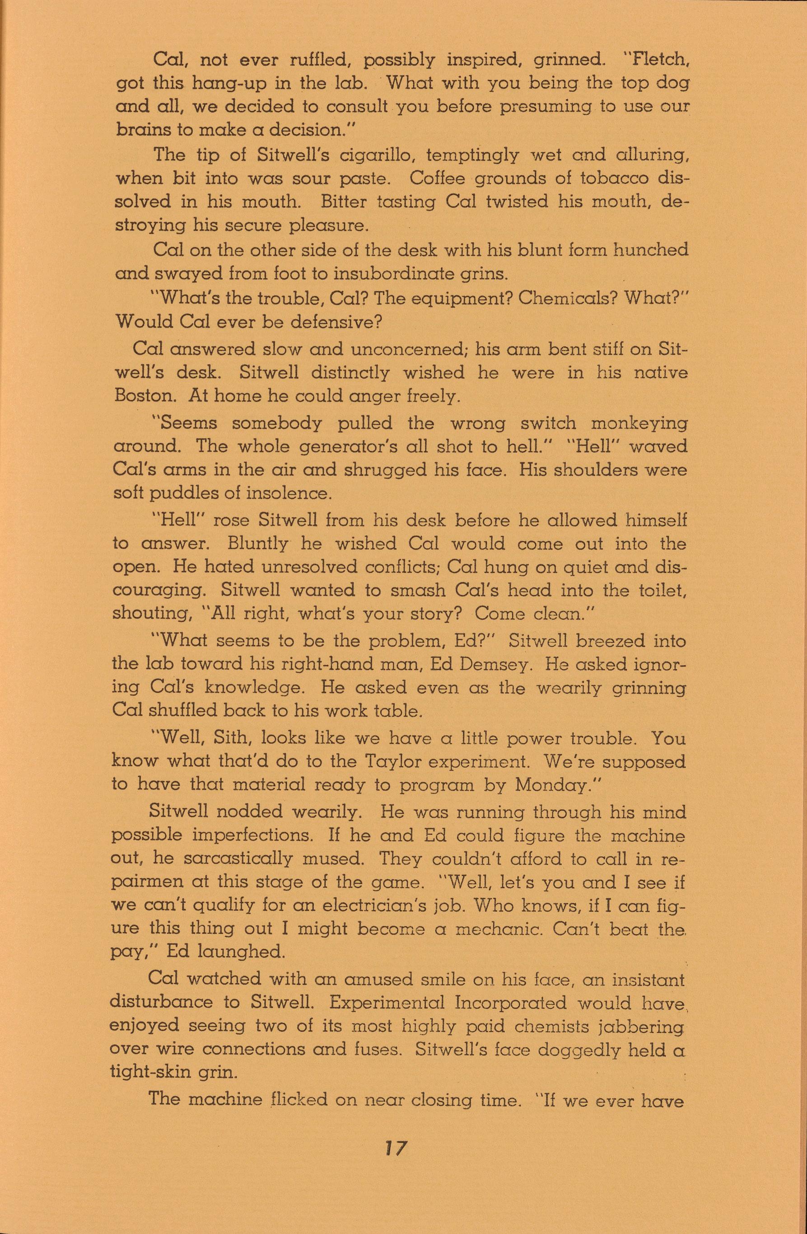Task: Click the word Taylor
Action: [x=396, y=761]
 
